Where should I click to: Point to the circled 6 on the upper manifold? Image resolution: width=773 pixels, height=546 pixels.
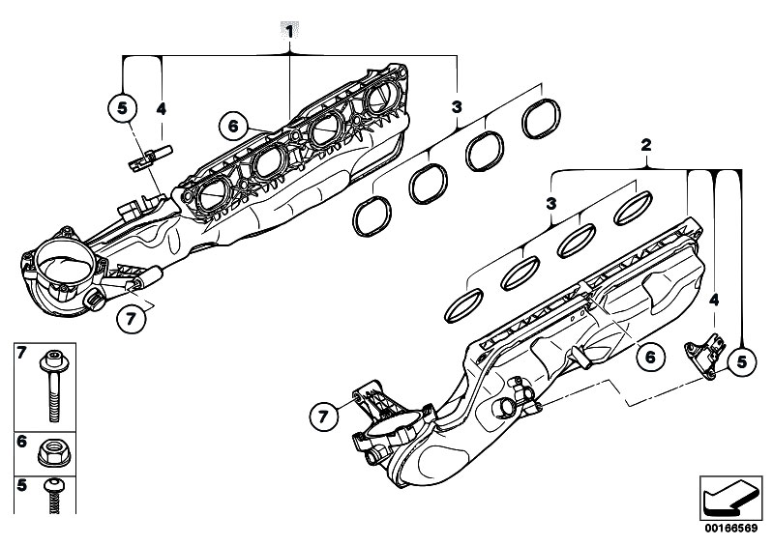[232, 126]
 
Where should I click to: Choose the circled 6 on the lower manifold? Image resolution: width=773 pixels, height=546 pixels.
[650, 357]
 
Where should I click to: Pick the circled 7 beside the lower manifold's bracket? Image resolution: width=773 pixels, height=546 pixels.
[325, 417]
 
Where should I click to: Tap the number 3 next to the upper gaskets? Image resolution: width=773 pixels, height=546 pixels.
[455, 105]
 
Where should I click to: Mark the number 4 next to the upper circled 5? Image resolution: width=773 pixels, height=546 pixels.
[162, 110]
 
